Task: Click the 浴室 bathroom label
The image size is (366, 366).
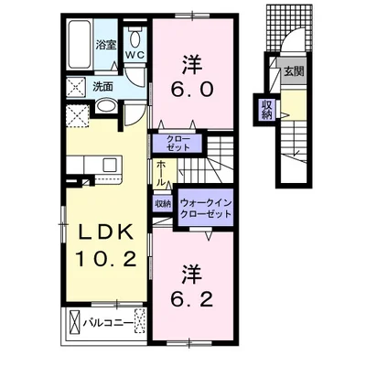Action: (106, 45)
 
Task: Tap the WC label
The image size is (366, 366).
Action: (135, 55)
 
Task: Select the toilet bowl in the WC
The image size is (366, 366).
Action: (135, 38)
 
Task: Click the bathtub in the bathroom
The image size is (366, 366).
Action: (80, 44)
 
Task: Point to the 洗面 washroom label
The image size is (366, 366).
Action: (102, 87)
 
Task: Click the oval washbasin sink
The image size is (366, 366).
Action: (105, 106)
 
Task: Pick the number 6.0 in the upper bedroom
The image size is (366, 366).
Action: (192, 90)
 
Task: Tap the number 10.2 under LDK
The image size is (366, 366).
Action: (106, 259)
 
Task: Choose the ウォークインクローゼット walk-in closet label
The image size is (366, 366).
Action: (206, 209)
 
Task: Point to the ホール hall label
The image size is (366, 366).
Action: (160, 174)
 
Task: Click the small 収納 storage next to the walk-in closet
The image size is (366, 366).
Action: (163, 204)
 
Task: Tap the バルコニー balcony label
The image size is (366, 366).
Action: (108, 323)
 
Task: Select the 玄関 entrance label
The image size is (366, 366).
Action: (294, 71)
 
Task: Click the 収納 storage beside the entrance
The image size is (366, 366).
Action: (266, 109)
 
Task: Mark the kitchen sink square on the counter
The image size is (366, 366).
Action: (110, 165)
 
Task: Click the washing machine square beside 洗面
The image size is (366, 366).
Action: (76, 87)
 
